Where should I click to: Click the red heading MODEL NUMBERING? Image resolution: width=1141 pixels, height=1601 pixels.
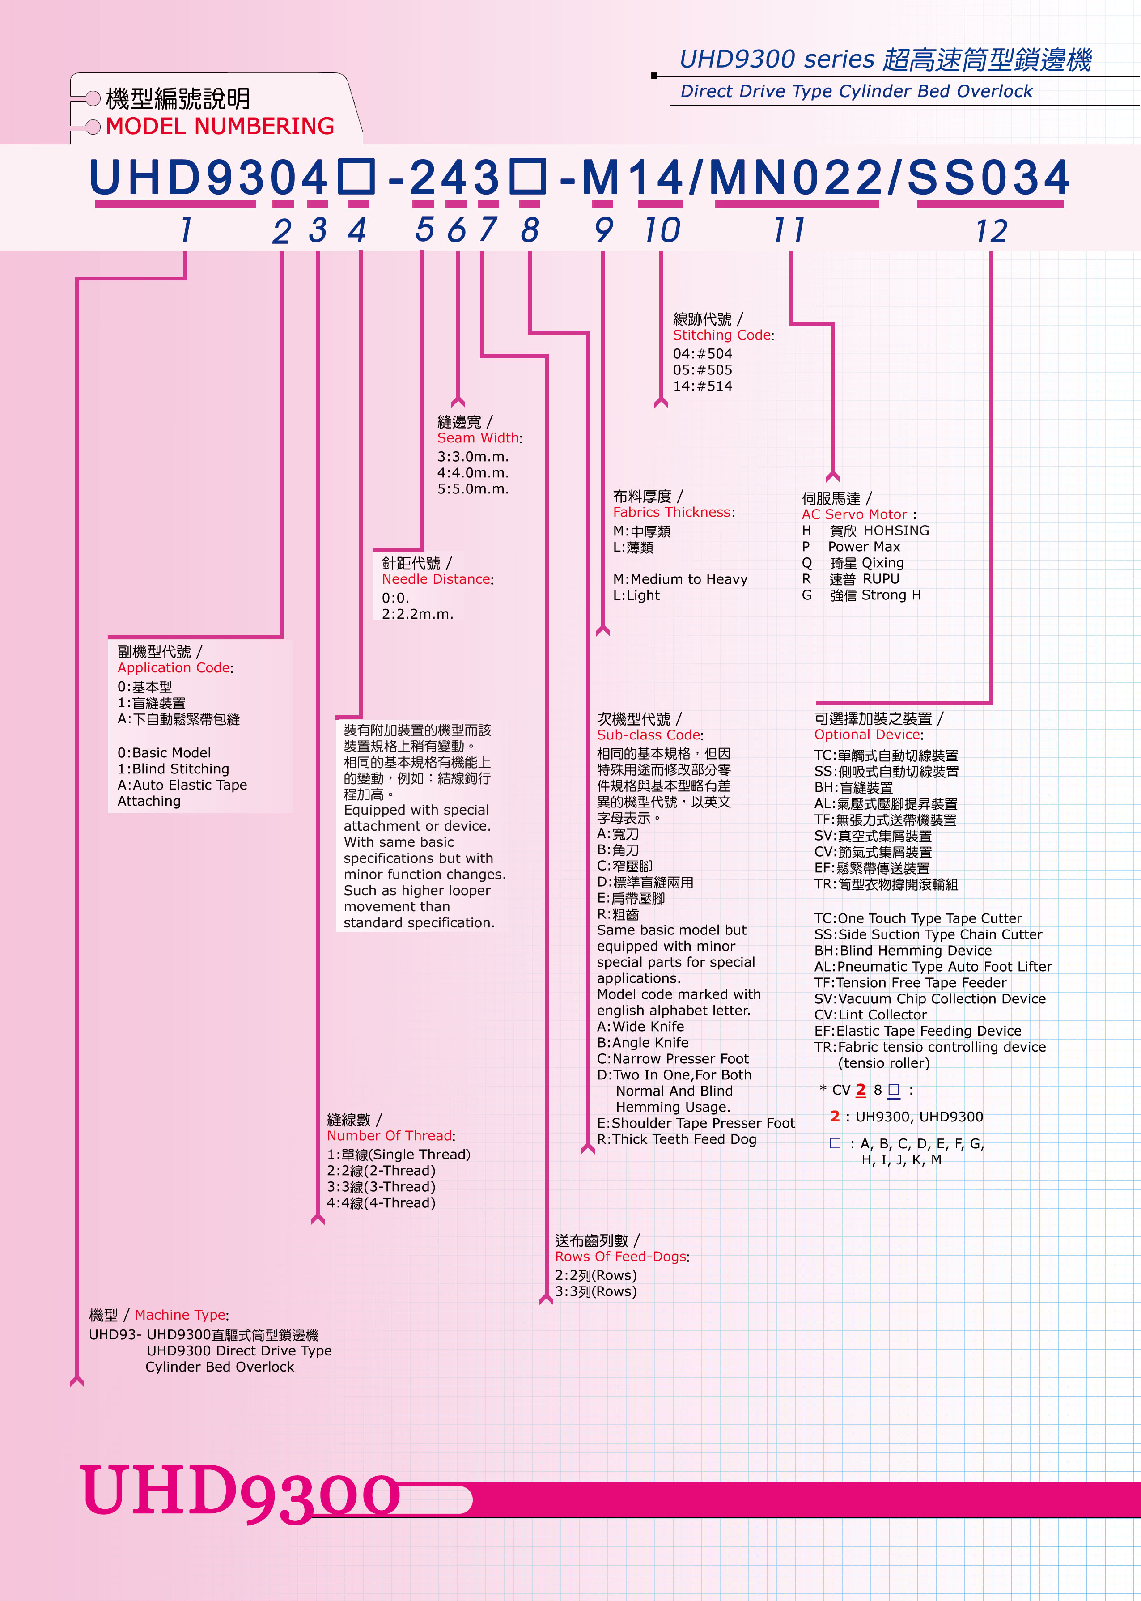(x=220, y=127)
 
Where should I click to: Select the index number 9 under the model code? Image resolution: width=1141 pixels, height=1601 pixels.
(x=603, y=230)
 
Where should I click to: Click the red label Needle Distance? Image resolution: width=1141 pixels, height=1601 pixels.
(x=436, y=579)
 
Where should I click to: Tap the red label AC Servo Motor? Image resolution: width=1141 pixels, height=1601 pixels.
(x=854, y=514)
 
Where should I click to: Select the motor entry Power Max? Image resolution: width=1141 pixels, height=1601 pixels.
(x=864, y=547)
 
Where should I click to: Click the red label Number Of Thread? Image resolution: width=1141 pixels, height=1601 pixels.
(x=389, y=1135)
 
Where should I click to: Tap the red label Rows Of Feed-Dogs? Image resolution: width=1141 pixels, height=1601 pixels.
(x=620, y=1256)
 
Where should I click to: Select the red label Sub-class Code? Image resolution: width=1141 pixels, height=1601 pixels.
(x=649, y=735)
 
